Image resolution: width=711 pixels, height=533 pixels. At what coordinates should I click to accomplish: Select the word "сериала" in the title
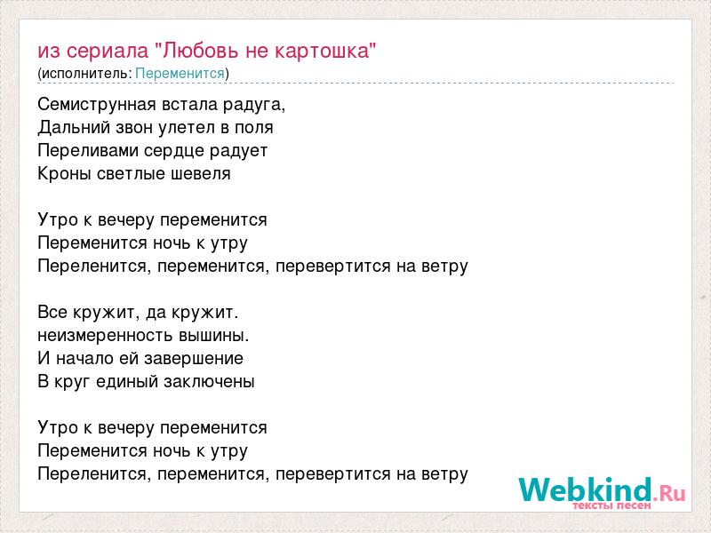[x=107, y=52]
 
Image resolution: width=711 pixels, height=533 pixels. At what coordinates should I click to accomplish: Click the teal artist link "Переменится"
[x=180, y=74]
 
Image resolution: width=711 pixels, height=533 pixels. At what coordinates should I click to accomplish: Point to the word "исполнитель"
[x=86, y=74]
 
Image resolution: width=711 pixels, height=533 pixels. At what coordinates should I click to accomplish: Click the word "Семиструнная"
[x=97, y=105]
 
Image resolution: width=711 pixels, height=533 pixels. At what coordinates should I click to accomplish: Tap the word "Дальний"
[x=74, y=128]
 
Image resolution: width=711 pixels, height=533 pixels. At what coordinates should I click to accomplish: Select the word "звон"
[x=134, y=129]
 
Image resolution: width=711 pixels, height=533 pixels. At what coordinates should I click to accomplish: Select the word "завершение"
[x=194, y=359]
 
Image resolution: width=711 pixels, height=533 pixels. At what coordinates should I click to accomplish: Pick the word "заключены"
[x=209, y=382]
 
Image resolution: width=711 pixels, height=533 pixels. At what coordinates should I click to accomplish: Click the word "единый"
[x=127, y=382]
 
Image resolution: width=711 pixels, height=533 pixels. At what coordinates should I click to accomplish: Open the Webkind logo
[x=602, y=490]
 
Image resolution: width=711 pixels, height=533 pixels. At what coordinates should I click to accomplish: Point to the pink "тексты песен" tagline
[x=611, y=505]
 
